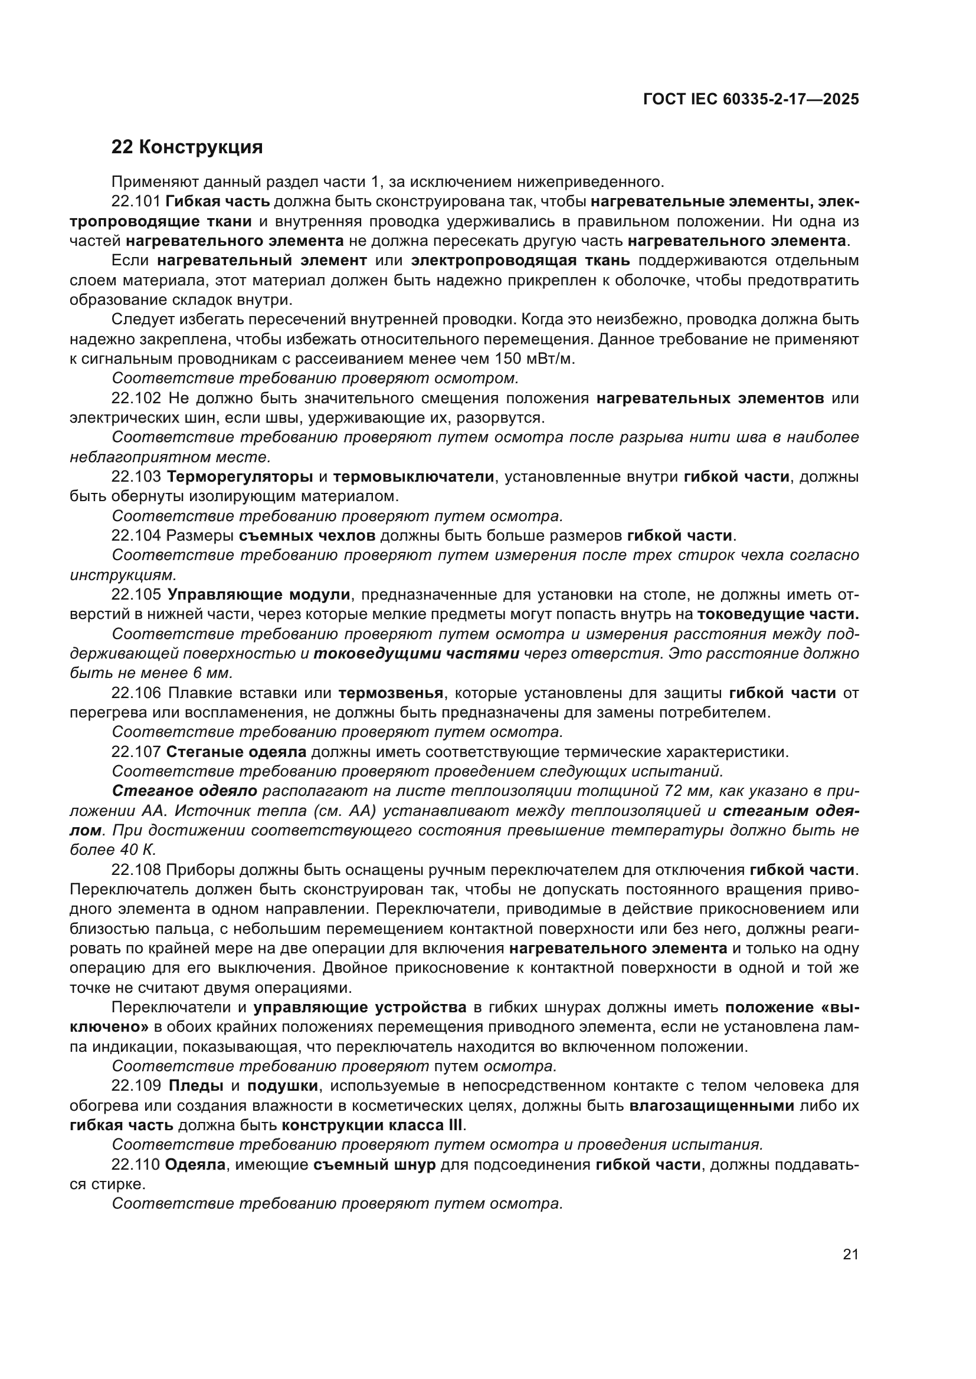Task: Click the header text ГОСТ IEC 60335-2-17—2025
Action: (751, 100)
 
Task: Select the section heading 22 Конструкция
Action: (187, 147)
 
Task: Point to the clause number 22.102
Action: (136, 398)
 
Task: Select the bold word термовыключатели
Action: (414, 477)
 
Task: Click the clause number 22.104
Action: (136, 536)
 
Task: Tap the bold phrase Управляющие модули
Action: (259, 595)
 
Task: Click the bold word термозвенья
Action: (391, 693)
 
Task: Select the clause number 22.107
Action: (136, 752)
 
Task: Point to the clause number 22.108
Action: (136, 870)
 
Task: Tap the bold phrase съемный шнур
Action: (375, 1164)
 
